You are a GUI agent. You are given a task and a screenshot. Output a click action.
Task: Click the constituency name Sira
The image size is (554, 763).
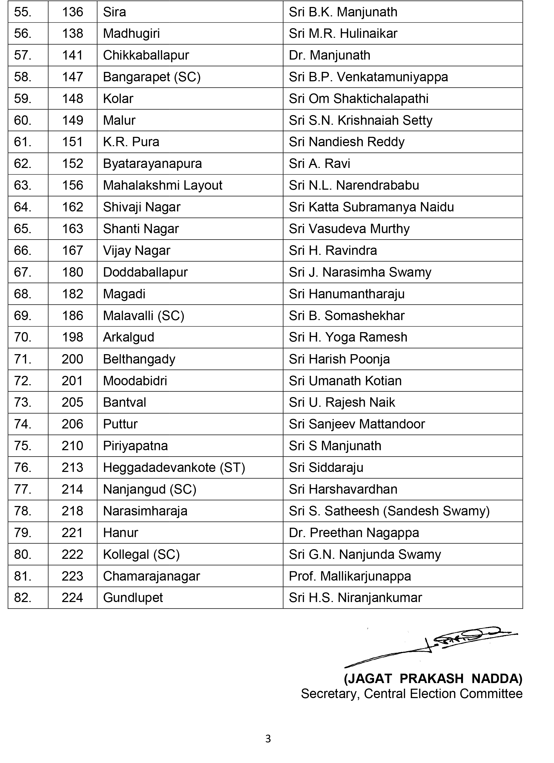click(114, 12)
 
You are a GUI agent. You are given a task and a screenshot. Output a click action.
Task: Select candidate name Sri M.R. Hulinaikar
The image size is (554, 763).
click(343, 34)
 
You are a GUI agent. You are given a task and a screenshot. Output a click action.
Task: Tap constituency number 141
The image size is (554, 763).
click(72, 55)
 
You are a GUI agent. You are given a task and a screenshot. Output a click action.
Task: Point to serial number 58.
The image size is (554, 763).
click(23, 77)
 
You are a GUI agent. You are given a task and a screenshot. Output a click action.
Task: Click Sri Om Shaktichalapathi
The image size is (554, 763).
click(358, 98)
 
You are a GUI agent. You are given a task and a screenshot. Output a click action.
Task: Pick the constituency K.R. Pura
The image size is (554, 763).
click(131, 142)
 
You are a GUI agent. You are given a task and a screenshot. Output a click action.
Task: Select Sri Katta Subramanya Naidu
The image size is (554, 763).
click(371, 207)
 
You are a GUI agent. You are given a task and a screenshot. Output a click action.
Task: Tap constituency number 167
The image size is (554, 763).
click(72, 251)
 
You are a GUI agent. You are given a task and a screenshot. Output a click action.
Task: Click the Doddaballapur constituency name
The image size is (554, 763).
click(145, 272)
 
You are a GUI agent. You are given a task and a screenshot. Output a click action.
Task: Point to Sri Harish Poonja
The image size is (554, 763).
click(339, 359)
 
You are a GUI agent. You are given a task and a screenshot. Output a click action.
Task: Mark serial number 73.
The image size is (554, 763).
click(23, 402)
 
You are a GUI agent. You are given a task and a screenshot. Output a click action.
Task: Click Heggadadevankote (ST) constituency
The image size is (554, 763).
click(174, 468)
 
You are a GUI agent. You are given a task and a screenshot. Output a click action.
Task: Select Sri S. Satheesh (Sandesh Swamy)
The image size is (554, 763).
click(389, 511)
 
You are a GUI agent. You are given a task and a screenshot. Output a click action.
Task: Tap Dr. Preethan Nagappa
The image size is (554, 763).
click(354, 533)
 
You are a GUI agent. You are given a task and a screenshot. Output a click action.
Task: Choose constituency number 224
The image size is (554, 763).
click(72, 598)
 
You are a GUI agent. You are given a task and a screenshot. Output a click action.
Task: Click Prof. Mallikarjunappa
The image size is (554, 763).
click(350, 576)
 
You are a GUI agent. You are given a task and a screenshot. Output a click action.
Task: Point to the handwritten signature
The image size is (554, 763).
click(434, 646)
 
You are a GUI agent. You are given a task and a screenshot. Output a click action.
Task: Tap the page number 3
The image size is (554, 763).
click(268, 739)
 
